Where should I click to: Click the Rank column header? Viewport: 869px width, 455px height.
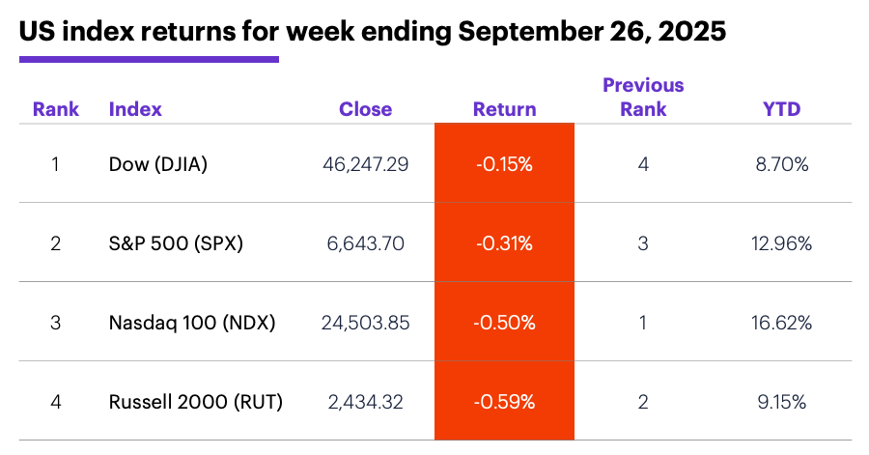click(56, 109)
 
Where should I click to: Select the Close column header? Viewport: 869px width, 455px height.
click(365, 109)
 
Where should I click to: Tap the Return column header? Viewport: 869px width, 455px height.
click(504, 109)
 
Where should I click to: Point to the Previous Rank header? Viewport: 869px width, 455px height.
click(643, 97)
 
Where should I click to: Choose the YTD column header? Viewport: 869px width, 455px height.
click(781, 109)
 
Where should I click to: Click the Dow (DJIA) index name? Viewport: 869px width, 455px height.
click(158, 164)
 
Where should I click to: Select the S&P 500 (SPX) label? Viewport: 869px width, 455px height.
click(176, 243)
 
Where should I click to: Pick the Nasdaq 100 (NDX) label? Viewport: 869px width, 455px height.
click(192, 323)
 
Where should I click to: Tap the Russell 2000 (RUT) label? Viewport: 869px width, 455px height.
click(196, 401)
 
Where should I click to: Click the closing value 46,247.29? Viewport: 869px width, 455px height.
click(365, 164)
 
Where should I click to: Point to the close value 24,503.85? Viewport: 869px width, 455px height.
click(365, 323)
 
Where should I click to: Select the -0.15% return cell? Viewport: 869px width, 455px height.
click(504, 164)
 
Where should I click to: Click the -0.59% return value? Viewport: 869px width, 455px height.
click(504, 401)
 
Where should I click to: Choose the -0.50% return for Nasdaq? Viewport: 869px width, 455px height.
click(504, 323)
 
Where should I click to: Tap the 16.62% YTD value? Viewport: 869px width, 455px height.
click(781, 323)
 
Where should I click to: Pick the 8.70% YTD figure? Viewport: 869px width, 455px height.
click(781, 164)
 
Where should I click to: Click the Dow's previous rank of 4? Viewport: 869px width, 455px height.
click(643, 164)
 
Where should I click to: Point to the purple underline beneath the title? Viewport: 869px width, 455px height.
click(149, 60)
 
